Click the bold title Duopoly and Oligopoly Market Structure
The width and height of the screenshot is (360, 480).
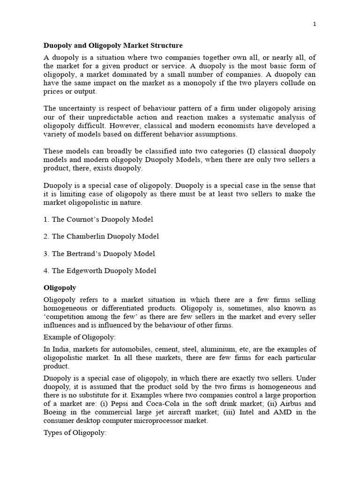pyautogui.click(x=113, y=45)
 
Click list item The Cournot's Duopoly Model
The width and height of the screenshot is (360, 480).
pyautogui.click(x=98, y=219)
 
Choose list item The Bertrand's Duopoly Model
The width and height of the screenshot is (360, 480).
pyautogui.click(x=99, y=254)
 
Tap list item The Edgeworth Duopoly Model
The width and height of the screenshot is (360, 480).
pyautogui.click(x=100, y=270)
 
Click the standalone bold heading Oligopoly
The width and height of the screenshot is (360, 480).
pyautogui.click(x=60, y=287)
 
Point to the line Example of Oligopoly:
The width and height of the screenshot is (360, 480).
pyautogui.click(x=79, y=337)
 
